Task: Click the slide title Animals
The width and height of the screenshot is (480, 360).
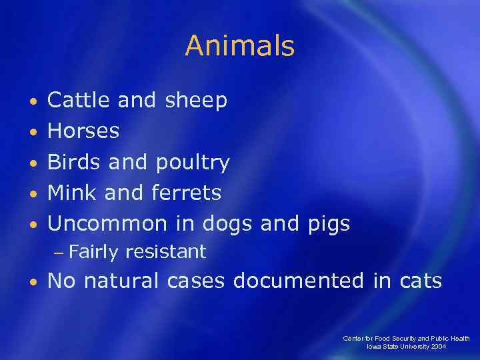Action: [x=239, y=46]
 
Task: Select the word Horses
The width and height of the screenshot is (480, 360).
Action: [x=84, y=131]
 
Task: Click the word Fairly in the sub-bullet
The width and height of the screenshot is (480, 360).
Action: [x=93, y=252]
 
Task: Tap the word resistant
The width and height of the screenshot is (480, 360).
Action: [x=165, y=251]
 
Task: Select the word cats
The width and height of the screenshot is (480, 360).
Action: [x=417, y=281]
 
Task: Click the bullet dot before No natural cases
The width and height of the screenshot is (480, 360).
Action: [x=33, y=282]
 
